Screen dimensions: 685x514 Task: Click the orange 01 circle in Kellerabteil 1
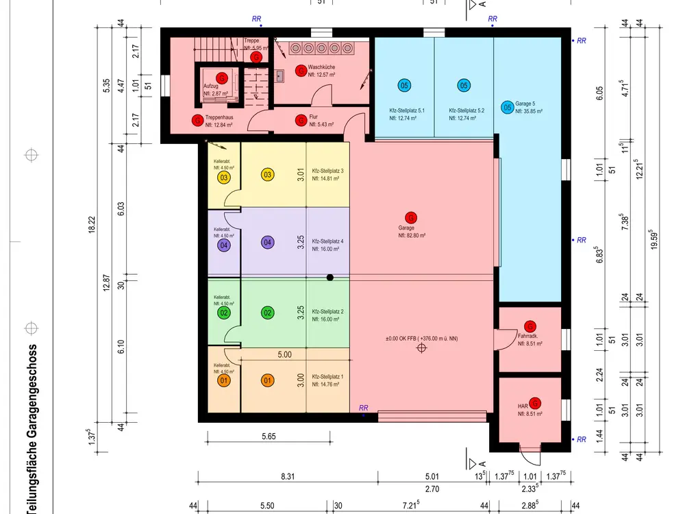tap(224, 380)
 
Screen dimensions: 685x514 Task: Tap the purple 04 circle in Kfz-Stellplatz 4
tap(268, 242)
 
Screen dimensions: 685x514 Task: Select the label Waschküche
tap(321, 66)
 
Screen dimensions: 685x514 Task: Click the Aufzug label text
tap(210, 86)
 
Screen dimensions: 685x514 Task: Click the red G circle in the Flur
tap(300, 121)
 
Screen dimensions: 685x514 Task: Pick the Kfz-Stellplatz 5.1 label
tap(408, 110)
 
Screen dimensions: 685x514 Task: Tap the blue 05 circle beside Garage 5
tap(507, 108)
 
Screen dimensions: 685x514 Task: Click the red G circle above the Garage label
tap(411, 217)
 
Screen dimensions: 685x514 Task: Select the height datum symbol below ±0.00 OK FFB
tap(421, 348)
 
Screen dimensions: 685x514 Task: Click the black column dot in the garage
tap(330, 278)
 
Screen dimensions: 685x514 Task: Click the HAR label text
tap(523, 406)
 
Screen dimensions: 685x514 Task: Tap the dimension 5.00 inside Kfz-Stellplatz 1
tap(285, 355)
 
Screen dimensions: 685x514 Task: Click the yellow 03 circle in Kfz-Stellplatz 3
tap(268, 174)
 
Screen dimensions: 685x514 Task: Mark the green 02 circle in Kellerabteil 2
tap(224, 313)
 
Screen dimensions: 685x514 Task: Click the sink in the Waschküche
tap(281, 75)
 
